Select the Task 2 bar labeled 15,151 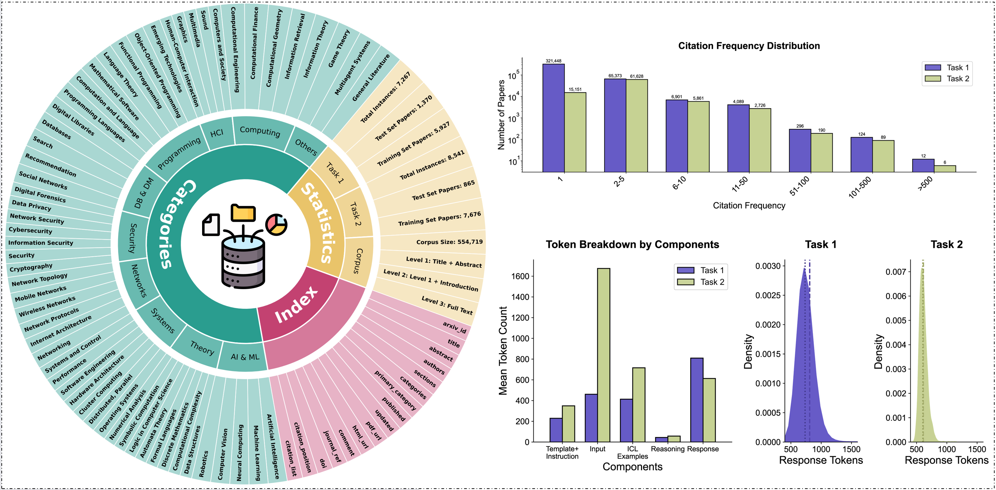pos(575,132)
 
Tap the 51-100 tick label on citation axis pos(799,186)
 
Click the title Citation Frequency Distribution pos(748,46)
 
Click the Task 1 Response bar pos(697,399)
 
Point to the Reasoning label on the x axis pos(667,449)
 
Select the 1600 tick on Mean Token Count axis pos(520,276)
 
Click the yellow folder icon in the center pos(243,213)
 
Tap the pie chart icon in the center pos(276,224)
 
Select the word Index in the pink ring pos(296,305)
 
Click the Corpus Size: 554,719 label pos(449,242)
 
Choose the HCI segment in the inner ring pos(217,133)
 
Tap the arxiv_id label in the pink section pos(454,327)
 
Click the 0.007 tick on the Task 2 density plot pos(896,272)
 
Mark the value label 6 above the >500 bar pos(945,163)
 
